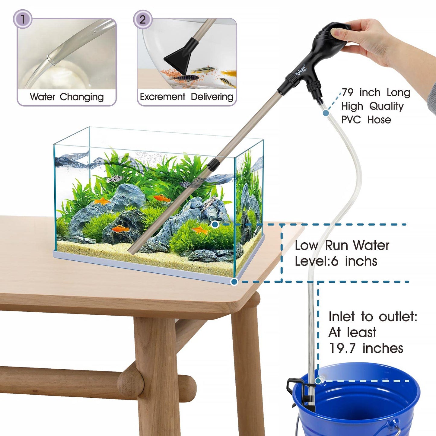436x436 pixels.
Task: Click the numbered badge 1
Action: pyautogui.click(x=23, y=19)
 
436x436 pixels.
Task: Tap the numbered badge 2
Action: pyautogui.click(x=143, y=19)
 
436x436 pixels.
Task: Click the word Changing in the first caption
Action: pyautogui.click(x=81, y=97)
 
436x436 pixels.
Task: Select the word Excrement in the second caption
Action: pyautogui.click(x=162, y=97)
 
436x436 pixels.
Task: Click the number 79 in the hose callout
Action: pyautogui.click(x=348, y=92)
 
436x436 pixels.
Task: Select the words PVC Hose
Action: pyautogui.click(x=366, y=120)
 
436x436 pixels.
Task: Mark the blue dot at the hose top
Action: pyautogui.click(x=326, y=113)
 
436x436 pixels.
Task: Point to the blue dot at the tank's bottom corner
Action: pyautogui.click(x=234, y=282)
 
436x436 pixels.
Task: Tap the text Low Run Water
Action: pyautogui.click(x=342, y=245)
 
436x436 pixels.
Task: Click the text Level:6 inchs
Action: pyautogui.click(x=336, y=261)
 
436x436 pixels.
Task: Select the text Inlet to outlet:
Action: pyautogui.click(x=373, y=317)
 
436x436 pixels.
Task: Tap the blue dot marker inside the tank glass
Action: pyautogui.click(x=215, y=224)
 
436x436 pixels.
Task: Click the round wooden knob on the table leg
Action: pyautogui.click(x=130, y=382)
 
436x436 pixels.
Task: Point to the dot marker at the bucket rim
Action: pyautogui.click(x=318, y=381)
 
